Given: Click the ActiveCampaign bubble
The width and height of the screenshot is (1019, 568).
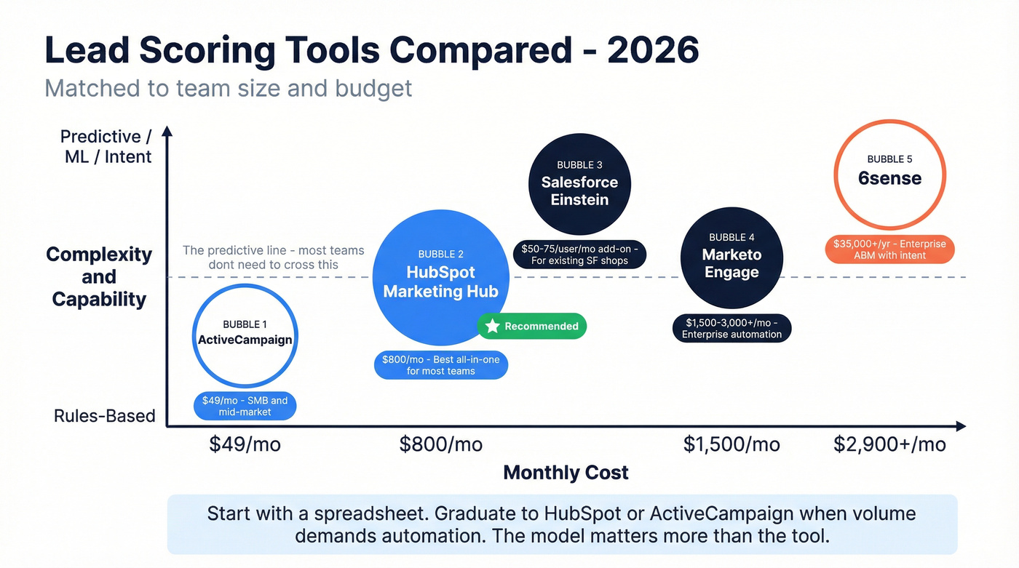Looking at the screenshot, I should pos(245,335).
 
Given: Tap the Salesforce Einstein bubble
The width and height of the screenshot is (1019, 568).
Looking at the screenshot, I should pos(579,184).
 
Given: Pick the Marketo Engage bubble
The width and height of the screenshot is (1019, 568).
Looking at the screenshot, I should pos(731,258).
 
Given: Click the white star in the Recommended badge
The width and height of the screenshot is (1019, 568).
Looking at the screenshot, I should pos(493,327).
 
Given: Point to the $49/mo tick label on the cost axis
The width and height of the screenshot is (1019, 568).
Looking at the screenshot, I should pos(245,444).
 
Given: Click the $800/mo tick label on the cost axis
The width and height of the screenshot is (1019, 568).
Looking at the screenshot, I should pos(440,444).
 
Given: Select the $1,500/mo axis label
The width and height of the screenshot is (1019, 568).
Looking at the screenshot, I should pos(731,444).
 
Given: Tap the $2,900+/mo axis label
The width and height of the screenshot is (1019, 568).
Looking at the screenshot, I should pos(889,444).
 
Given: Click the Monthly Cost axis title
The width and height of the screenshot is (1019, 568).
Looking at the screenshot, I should pos(566,473).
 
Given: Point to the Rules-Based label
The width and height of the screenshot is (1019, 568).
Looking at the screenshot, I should pos(105,416).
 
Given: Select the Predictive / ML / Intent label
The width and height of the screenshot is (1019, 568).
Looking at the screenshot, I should pos(106,146).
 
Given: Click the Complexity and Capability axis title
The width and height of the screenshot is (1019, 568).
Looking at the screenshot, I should pos(99,276).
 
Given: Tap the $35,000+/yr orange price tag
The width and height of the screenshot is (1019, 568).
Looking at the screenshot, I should pos(889,249).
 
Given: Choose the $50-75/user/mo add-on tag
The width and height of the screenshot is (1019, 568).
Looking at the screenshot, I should pos(579,254).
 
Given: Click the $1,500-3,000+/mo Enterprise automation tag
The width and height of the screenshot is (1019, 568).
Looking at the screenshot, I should pos(731,328).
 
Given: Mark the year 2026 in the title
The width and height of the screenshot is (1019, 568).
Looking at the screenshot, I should pos(652,49).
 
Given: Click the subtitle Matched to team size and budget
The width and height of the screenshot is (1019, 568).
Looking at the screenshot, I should pos(229,88).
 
